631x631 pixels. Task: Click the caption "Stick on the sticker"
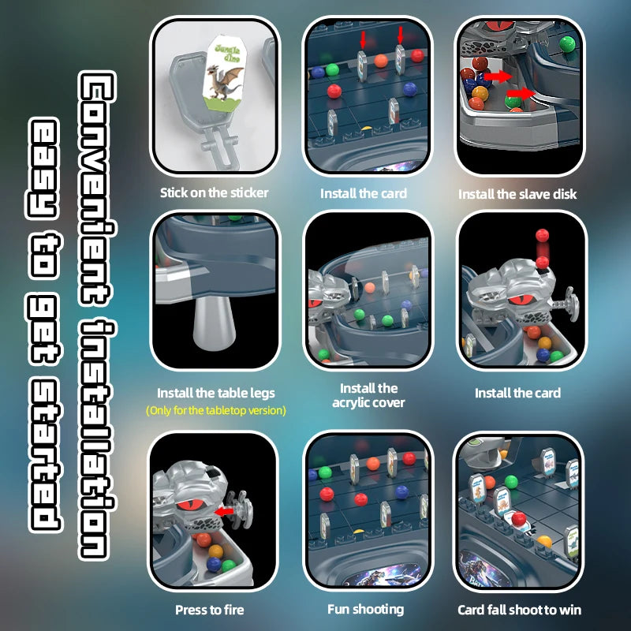click(x=214, y=192)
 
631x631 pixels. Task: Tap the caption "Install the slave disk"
click(x=517, y=194)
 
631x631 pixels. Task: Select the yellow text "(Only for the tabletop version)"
click(x=216, y=410)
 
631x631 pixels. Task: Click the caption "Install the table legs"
click(x=216, y=393)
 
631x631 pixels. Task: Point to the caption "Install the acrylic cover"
click(x=368, y=395)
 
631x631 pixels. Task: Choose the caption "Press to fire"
click(x=210, y=610)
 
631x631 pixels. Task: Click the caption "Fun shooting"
click(x=366, y=609)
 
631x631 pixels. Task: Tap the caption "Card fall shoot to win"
click(x=520, y=610)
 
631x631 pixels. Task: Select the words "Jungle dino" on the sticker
click(x=228, y=52)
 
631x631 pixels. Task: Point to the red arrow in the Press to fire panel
click(x=224, y=511)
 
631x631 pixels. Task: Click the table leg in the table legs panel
click(x=214, y=322)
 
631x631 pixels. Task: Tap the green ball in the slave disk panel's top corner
click(x=567, y=44)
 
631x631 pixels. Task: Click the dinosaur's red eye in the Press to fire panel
click(x=190, y=506)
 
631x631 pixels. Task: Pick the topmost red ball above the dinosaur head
click(x=542, y=235)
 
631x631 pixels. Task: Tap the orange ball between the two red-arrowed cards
click(x=381, y=61)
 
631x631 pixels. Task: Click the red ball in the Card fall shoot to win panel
click(x=519, y=519)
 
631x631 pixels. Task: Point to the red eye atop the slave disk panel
click(x=501, y=25)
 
